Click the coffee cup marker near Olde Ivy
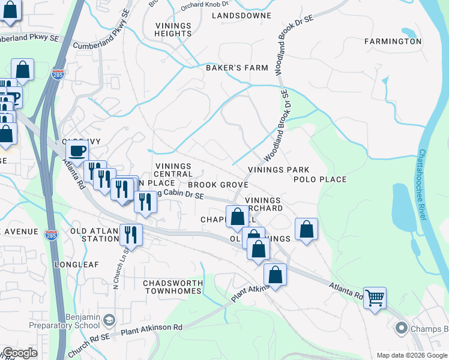[77, 151]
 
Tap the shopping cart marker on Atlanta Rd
[375, 297]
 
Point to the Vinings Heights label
[173, 30]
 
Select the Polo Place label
[320, 179]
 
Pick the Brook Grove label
[218, 185]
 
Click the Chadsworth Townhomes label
[172, 287]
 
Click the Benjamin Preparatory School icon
[109, 319]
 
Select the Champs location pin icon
[401, 328]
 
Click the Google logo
[20, 353]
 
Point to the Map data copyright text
[412, 355]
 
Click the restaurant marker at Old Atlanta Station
[130, 235]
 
